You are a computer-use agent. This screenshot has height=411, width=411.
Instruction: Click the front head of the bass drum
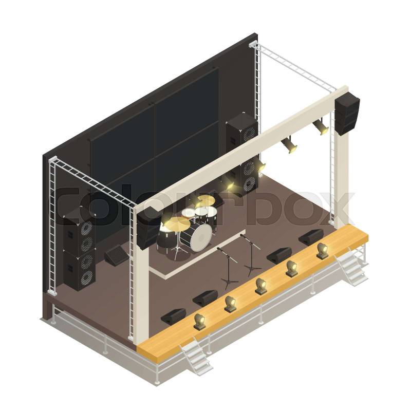201,238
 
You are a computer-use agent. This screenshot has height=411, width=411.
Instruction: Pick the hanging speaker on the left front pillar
146,228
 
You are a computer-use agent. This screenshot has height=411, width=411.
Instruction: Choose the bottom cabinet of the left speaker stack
79,270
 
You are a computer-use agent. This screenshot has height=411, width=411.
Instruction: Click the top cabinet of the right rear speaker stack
242,133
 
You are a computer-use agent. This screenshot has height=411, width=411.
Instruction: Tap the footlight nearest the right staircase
322,251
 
